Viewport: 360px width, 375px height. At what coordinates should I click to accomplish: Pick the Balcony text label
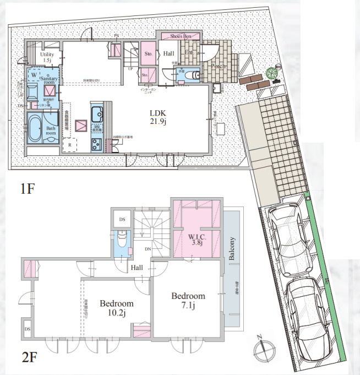[x=232, y=248]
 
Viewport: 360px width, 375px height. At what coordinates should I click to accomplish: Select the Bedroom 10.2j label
[x=116, y=308]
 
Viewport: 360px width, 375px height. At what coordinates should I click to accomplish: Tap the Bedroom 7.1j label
[x=187, y=300]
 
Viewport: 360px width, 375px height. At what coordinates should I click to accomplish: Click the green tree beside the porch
[x=271, y=73]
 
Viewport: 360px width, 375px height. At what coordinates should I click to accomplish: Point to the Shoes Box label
[x=180, y=36]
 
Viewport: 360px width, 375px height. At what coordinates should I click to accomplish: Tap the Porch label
[x=220, y=67]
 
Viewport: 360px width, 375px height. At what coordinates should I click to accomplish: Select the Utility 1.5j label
[x=46, y=58]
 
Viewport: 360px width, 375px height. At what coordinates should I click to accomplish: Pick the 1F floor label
[x=28, y=189]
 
